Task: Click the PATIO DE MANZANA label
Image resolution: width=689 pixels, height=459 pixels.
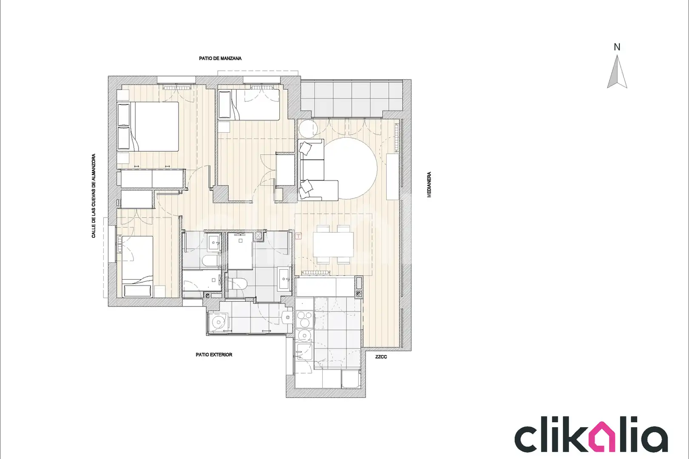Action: click(x=220, y=58)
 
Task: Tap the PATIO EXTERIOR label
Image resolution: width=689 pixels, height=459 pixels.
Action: click(x=214, y=354)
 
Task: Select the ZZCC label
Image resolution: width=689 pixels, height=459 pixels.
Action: click(x=381, y=357)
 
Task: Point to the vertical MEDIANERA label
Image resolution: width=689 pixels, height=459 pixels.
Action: click(x=429, y=184)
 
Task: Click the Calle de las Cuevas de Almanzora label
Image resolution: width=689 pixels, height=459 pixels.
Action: click(x=94, y=196)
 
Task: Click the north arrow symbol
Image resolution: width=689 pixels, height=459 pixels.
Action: click(x=617, y=72)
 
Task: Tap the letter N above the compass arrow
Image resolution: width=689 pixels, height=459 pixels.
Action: click(x=617, y=47)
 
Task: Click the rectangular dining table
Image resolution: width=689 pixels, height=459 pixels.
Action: click(x=333, y=244)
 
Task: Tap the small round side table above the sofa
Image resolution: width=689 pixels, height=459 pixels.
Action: click(x=308, y=129)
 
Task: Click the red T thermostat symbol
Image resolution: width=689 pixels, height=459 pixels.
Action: click(x=298, y=236)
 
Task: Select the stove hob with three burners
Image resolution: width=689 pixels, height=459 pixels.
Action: click(x=305, y=319)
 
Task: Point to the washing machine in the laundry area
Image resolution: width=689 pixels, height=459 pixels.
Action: click(x=218, y=322)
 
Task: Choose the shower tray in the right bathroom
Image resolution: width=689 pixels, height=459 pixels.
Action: click(x=240, y=251)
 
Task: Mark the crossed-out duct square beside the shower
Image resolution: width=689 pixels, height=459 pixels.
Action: click(x=259, y=236)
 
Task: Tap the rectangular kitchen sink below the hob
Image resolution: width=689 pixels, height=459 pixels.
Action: click(x=304, y=352)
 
